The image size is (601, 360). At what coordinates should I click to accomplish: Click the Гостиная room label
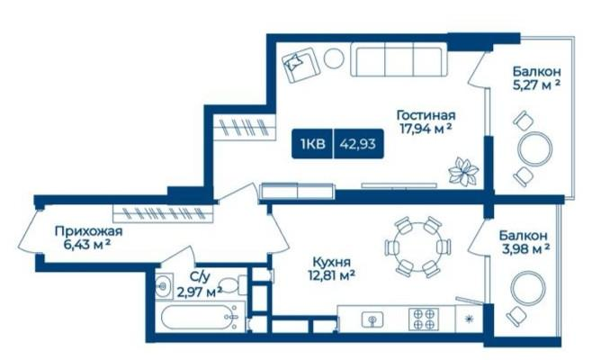tap(426, 115)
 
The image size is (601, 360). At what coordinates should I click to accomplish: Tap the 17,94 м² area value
tap(425, 129)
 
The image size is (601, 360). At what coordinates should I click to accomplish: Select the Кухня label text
tap(332, 263)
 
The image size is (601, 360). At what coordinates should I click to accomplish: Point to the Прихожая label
tap(88, 231)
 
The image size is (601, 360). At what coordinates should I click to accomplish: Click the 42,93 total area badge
tap(357, 144)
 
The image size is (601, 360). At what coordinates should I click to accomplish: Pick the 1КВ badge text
tap(313, 144)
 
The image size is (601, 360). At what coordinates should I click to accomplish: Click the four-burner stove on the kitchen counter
tap(423, 319)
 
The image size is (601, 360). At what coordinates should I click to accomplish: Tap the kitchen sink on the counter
tap(372, 319)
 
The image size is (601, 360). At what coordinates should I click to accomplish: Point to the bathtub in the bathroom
tap(200, 317)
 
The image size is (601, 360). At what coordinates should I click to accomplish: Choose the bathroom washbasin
tap(164, 285)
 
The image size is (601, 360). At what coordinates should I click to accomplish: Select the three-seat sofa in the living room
tap(399, 59)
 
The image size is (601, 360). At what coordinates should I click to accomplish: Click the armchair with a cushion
tap(300, 64)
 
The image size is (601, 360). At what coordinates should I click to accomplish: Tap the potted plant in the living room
tap(463, 171)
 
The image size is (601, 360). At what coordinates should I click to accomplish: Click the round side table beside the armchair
tap(334, 58)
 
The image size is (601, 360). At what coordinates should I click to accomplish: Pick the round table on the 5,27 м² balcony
tap(535, 148)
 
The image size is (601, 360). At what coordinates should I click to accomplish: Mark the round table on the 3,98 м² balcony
tap(528, 288)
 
